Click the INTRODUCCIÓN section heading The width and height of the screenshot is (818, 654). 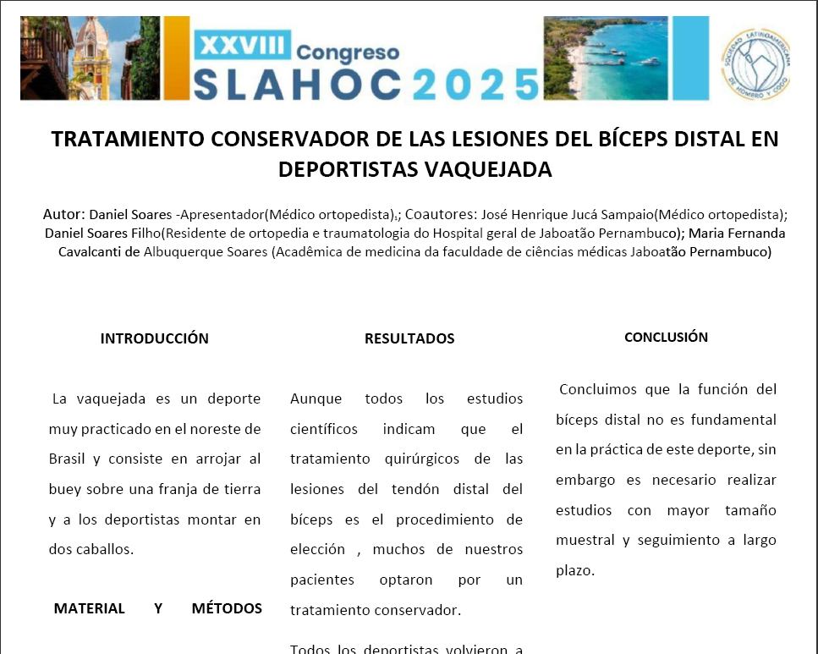(x=154, y=338)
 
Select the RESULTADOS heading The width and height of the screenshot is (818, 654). (x=409, y=338)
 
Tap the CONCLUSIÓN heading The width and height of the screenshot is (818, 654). (x=666, y=337)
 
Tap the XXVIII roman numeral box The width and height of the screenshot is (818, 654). (x=243, y=43)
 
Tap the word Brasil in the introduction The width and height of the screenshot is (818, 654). (x=68, y=459)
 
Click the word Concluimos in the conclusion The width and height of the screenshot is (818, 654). (x=601, y=390)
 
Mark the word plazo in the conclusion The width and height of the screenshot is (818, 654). (x=574, y=570)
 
